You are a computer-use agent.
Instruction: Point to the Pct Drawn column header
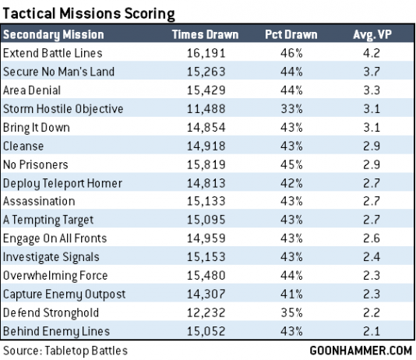click(293, 35)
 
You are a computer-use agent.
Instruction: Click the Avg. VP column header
click(372, 35)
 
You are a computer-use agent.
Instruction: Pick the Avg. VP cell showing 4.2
click(372, 54)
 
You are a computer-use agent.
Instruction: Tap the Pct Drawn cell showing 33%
click(293, 108)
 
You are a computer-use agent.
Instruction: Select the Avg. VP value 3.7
click(372, 72)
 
